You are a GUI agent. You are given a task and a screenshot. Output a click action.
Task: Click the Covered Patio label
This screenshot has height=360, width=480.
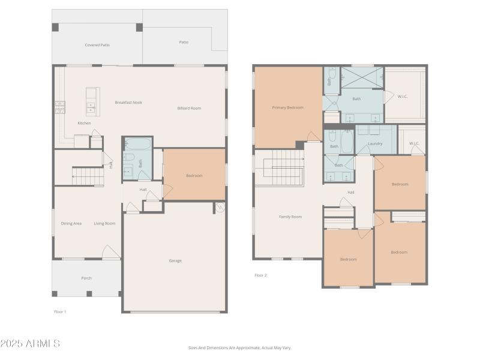tap(97, 45)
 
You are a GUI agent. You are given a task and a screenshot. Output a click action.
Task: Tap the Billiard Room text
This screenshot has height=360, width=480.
tap(189, 109)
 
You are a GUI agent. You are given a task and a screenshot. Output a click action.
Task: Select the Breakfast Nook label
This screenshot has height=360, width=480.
tap(128, 103)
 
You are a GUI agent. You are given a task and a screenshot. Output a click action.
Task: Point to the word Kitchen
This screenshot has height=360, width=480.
tap(85, 124)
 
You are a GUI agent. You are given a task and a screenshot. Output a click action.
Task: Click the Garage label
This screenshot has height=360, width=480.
tap(175, 260)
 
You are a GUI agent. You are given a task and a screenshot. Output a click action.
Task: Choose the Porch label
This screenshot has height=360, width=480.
tap(86, 278)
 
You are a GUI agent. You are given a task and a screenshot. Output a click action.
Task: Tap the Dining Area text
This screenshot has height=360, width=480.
tap(71, 224)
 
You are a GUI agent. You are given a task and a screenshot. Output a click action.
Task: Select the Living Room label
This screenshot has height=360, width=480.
tap(104, 224)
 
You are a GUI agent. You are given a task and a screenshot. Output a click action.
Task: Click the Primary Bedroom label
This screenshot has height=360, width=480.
tap(287, 108)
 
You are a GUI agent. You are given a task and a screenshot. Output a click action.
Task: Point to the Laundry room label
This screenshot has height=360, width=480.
tap(375, 144)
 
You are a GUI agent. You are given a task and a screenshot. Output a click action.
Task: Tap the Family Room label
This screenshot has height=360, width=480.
tap(290, 217)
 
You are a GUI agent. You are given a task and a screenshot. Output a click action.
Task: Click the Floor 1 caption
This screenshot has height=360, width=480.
tap(60, 311)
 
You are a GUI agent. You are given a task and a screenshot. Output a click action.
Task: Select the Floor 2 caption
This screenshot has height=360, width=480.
tap(260, 275)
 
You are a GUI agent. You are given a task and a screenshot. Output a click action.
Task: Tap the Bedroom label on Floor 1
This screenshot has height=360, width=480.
tap(194, 176)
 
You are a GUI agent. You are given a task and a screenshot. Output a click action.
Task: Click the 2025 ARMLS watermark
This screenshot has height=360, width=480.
tap(30, 344)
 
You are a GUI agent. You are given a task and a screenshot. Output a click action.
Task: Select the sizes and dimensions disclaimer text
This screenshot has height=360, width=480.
tap(239, 347)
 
